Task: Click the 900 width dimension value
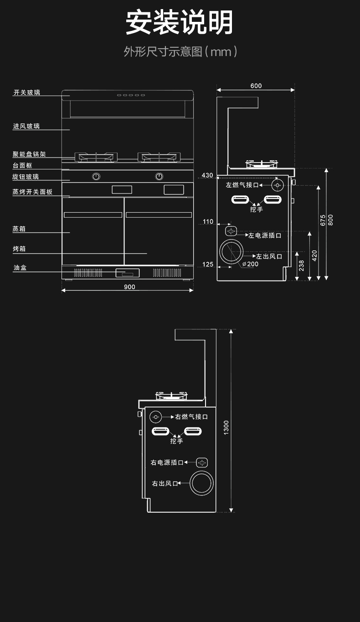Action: click(x=129, y=286)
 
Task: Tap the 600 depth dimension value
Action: click(x=256, y=86)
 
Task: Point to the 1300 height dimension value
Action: click(x=226, y=427)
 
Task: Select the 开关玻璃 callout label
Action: click(x=26, y=92)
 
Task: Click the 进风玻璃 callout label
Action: click(x=26, y=126)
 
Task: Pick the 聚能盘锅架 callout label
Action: click(x=29, y=154)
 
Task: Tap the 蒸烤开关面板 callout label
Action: click(x=32, y=192)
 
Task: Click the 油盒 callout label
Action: click(x=20, y=267)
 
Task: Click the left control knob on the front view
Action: click(x=96, y=176)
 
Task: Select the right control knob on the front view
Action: click(x=159, y=176)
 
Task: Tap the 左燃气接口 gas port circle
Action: click(x=278, y=185)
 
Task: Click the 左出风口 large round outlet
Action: click(x=232, y=252)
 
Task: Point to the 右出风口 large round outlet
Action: click(x=202, y=483)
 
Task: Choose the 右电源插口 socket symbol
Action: click(x=202, y=463)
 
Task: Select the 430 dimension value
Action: click(x=207, y=175)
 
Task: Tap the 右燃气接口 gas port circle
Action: click(x=155, y=416)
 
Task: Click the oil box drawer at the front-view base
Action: click(x=127, y=273)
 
